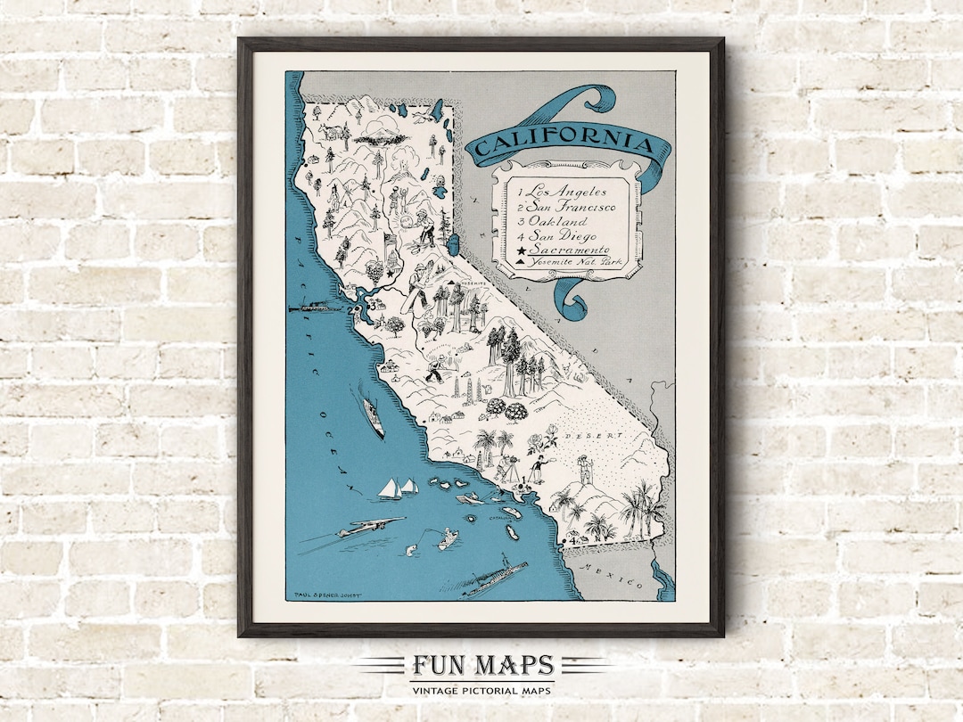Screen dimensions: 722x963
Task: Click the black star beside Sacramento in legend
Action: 518,250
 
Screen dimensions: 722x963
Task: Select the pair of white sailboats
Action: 398,488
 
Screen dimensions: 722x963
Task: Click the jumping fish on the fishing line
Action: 410,550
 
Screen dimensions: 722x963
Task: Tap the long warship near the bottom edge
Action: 493,572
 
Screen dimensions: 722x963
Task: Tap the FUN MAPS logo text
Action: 482,666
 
